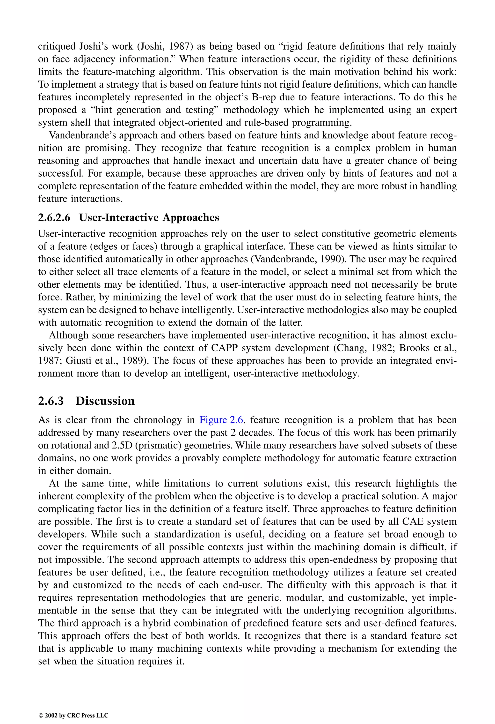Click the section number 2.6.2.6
click(54, 217)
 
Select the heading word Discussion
click(105, 401)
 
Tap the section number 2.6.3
click(51, 401)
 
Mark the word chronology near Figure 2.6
click(158, 420)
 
